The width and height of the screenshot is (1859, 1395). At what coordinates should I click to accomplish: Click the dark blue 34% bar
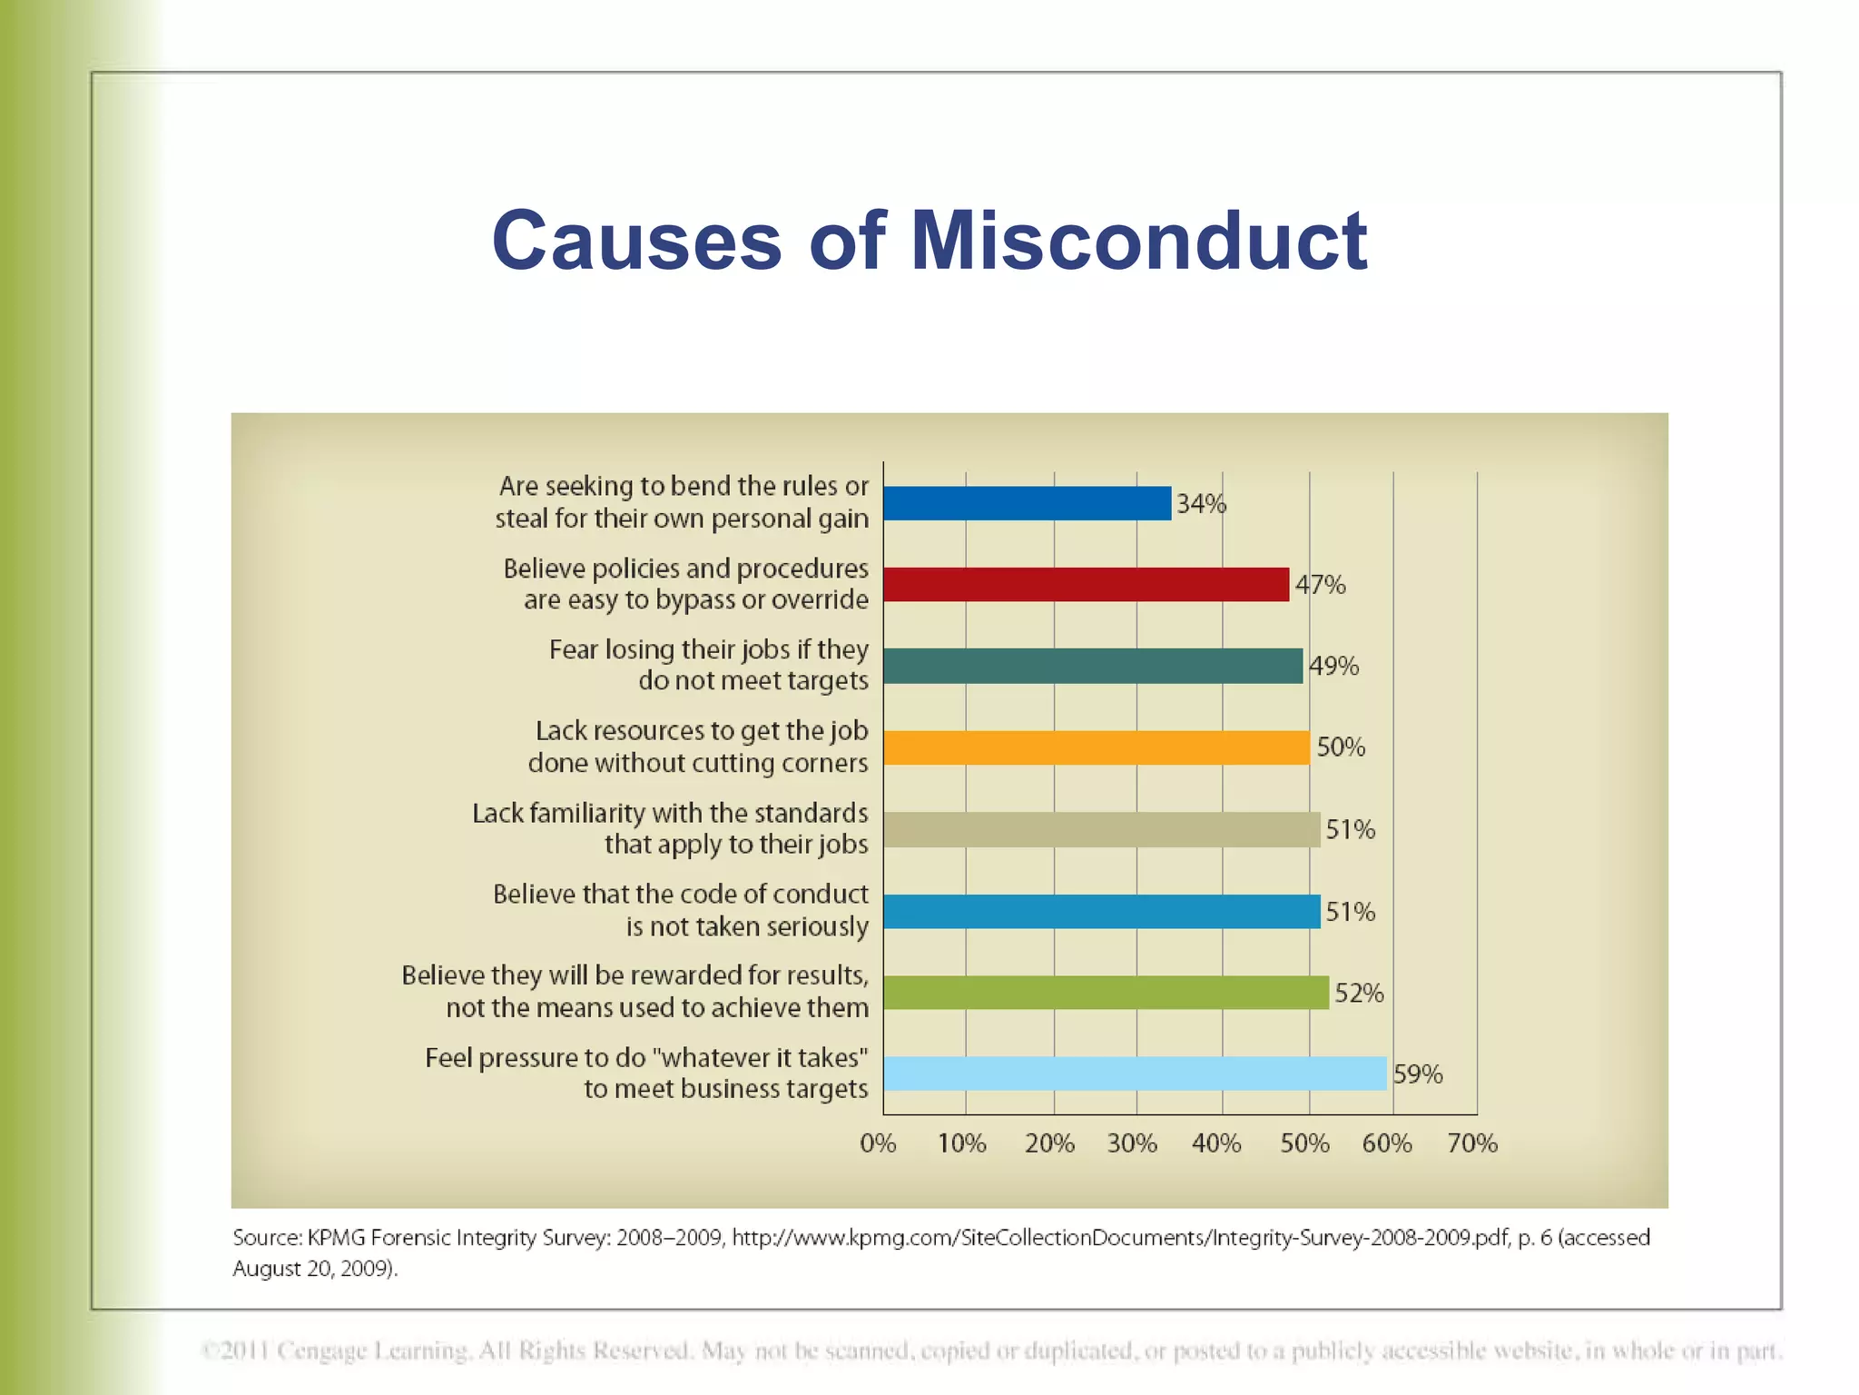[x=1027, y=503]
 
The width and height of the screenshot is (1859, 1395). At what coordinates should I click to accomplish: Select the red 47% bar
[x=1086, y=584]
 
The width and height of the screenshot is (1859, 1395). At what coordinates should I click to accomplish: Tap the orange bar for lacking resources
[x=1096, y=747]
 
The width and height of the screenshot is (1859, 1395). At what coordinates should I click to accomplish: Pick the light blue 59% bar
[x=1135, y=1073]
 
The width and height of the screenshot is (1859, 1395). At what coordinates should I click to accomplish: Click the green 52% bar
[x=1106, y=993]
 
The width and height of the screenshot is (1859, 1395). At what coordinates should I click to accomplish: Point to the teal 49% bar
[x=1092, y=666]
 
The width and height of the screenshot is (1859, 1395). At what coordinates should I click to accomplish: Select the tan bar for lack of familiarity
[x=1101, y=829]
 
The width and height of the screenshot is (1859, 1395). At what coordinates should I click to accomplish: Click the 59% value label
[x=1418, y=1074]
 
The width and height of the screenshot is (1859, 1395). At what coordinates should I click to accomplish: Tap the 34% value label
[x=1201, y=504]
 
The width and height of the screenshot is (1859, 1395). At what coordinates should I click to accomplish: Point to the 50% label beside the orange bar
[x=1341, y=747]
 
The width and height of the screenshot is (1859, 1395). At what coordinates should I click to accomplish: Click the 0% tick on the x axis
[x=878, y=1143]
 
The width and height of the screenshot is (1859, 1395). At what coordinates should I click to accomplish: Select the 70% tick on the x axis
[x=1472, y=1143]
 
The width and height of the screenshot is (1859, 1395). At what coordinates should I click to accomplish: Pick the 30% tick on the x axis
[x=1132, y=1143]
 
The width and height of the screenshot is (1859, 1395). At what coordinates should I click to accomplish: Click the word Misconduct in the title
[x=1138, y=241]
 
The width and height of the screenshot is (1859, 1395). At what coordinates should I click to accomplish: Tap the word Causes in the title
[x=636, y=241]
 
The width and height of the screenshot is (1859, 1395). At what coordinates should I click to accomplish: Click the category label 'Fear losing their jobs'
[x=708, y=650]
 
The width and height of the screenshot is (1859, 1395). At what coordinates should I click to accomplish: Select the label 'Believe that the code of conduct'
[x=680, y=895]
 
